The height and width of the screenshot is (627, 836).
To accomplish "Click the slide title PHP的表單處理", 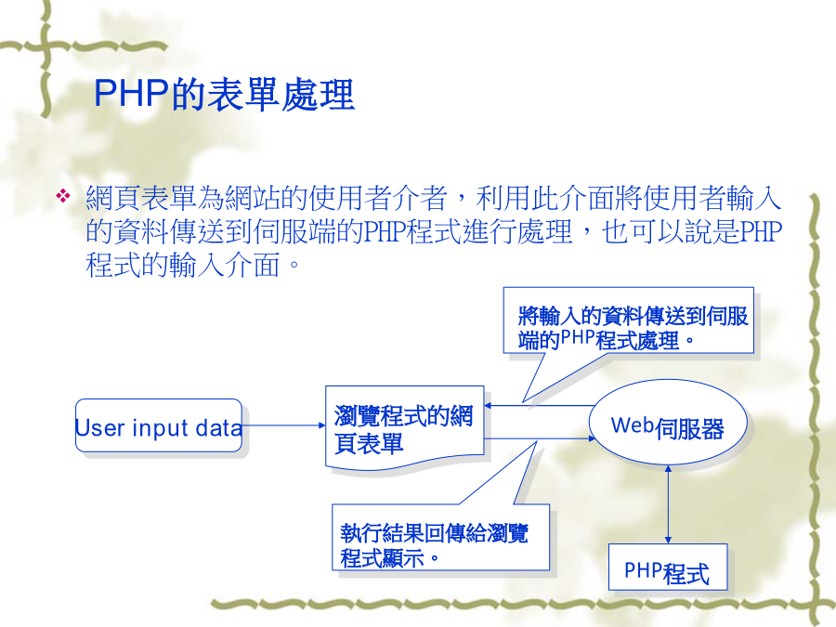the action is pos(224,95).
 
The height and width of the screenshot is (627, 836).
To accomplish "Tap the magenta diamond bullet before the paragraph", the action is pos(63,196).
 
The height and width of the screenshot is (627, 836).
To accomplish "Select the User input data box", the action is pos(158,425).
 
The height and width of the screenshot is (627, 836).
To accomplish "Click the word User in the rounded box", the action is pos(100,428).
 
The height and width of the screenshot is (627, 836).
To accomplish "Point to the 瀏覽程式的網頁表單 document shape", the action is pos(405,426).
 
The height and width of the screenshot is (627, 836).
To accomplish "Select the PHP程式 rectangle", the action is pos(668,567).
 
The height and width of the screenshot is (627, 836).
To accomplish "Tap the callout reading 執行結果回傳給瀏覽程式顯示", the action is pos(440,538).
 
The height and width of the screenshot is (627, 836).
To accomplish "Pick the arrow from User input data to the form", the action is pos(283,425).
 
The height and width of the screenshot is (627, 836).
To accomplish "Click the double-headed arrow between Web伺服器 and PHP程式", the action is pos(668,504).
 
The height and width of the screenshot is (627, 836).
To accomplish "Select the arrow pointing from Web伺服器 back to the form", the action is pos(539,406).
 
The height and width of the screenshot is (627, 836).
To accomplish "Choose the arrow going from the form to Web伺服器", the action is pos(540,438).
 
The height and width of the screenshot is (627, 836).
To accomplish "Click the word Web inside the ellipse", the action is pos(633,425).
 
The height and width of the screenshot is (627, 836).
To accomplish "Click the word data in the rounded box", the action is pos(218,428).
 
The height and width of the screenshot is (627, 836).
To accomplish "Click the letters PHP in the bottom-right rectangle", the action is pos(644,570).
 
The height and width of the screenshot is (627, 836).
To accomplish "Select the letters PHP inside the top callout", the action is pos(578,338).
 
